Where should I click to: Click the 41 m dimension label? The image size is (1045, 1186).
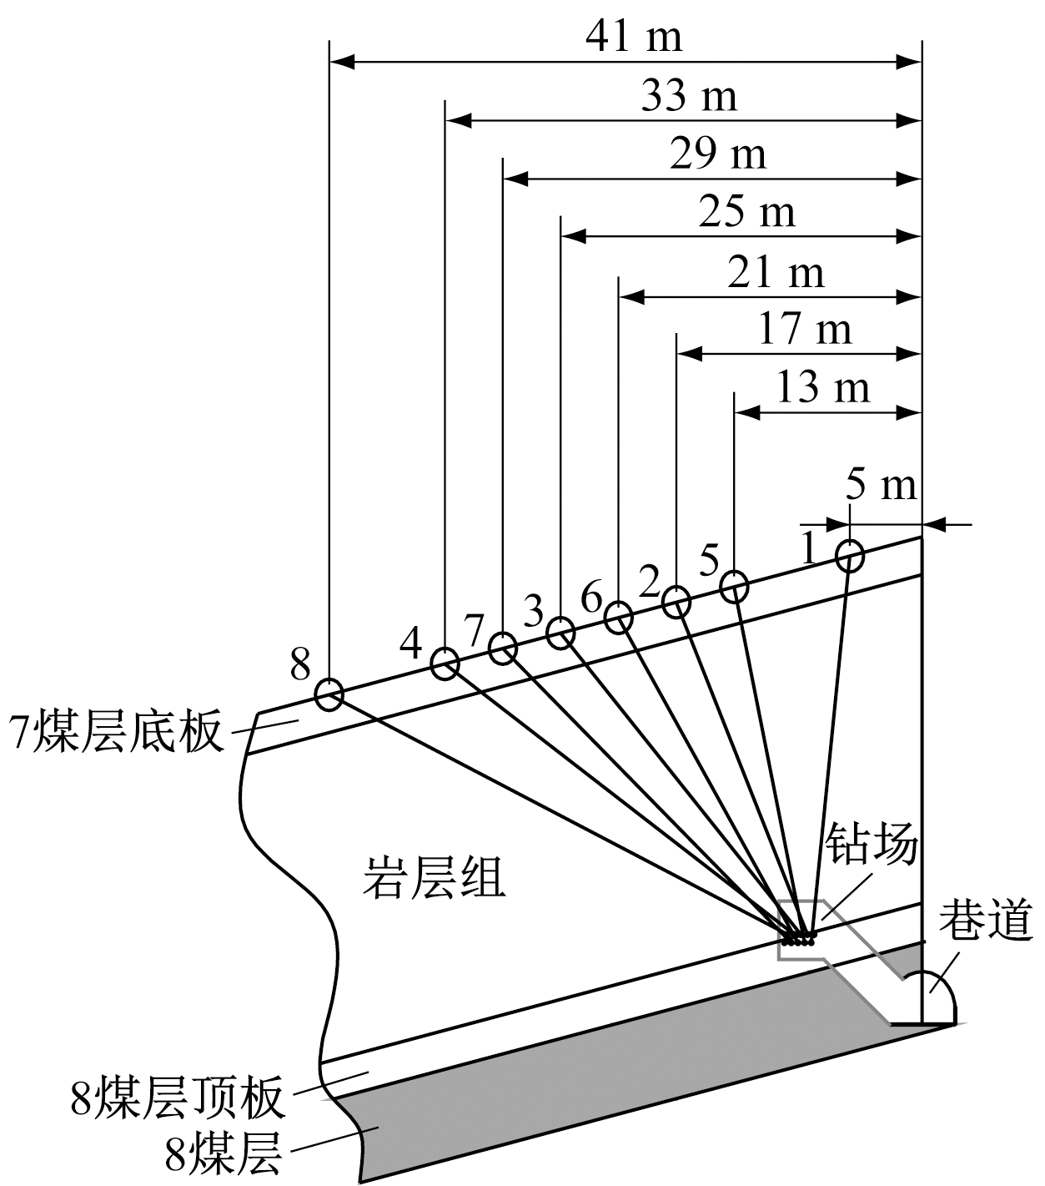click(x=634, y=37)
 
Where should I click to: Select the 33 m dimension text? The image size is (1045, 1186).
click(x=689, y=96)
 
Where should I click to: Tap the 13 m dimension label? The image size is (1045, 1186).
click(x=822, y=387)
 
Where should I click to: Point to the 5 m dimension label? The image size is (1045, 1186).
click(x=880, y=485)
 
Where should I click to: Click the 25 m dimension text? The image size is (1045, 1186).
click(x=746, y=213)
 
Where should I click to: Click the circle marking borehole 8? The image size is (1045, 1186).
click(x=329, y=693)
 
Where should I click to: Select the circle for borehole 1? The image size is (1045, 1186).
click(x=849, y=555)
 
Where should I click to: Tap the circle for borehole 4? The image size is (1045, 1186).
click(x=445, y=664)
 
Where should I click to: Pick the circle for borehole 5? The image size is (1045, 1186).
click(x=734, y=586)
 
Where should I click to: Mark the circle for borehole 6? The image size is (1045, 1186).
click(x=617, y=618)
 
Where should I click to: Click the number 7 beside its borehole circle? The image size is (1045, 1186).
click(x=474, y=631)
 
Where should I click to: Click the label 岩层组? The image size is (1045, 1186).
click(x=434, y=879)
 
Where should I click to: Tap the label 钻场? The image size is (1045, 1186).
click(x=871, y=845)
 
